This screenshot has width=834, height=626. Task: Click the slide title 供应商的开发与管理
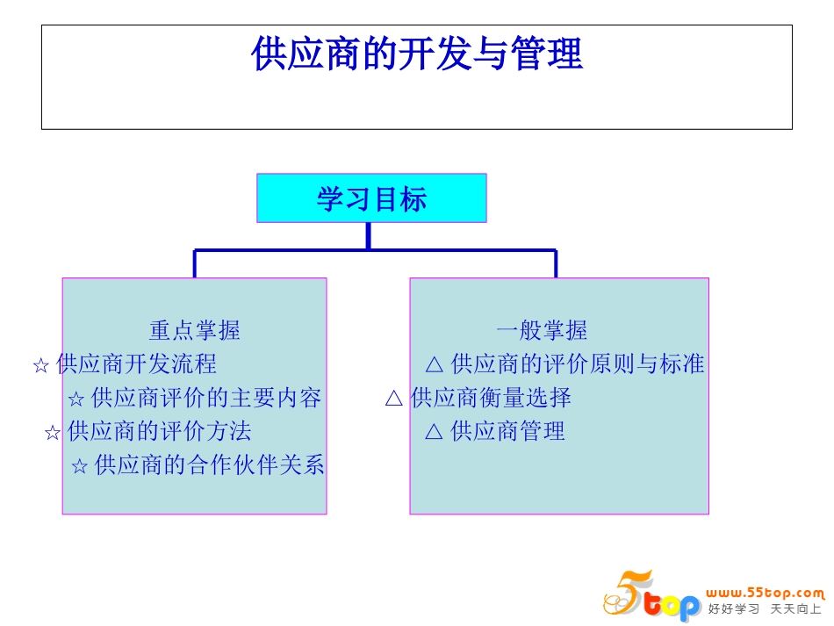point(416,54)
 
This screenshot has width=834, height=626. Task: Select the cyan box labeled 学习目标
point(371,198)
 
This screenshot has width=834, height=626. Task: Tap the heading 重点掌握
point(194,331)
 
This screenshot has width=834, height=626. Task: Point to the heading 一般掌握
point(542,331)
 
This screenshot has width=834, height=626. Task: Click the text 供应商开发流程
point(136,364)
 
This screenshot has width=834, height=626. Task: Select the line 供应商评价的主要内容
point(206,399)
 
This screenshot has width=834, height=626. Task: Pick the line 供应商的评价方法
point(159,432)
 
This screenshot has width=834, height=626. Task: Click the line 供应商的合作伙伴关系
point(209,465)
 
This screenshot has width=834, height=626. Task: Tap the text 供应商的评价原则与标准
point(577,364)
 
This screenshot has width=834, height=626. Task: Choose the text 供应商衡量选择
point(491,399)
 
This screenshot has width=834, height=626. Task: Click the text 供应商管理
point(507,432)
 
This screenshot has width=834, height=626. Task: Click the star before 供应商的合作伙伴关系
point(79,467)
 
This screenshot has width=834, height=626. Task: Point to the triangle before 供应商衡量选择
point(394,399)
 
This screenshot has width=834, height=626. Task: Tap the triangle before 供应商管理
point(434,432)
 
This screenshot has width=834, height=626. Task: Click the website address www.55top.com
point(766,593)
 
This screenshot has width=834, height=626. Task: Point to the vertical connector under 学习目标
point(368,236)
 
